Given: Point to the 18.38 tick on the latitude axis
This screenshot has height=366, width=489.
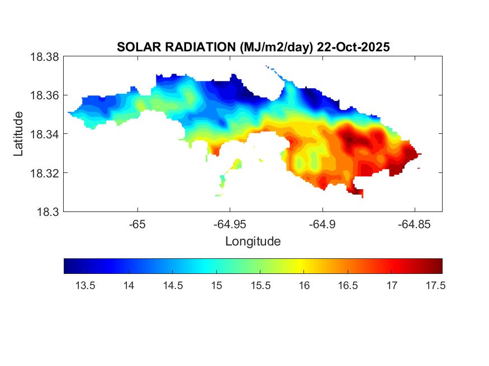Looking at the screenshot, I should click(44, 57).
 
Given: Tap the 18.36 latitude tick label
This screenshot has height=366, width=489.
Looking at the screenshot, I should click(44, 95).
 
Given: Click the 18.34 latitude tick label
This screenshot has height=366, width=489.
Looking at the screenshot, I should click(44, 134).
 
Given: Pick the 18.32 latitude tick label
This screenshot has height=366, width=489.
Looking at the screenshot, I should click(44, 173).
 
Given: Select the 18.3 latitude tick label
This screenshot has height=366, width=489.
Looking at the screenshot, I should click(47, 212).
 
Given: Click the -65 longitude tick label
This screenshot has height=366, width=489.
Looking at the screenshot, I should click(137, 225).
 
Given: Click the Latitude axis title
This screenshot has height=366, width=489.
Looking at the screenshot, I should click(18, 134).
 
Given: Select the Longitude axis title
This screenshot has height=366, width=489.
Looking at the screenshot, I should click(253, 242).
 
